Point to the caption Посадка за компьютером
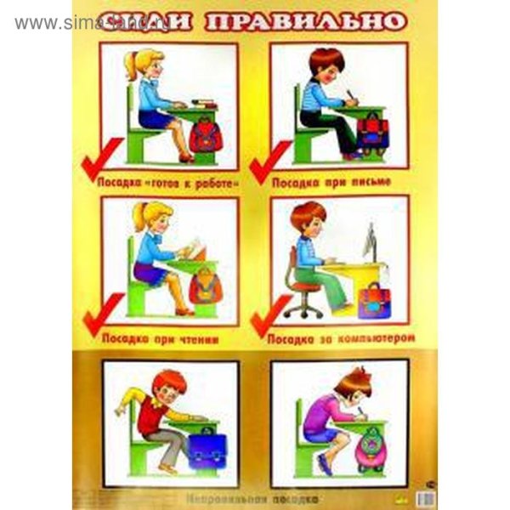click(x=341, y=337)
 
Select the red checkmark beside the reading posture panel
click(x=99, y=318)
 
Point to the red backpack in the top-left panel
click(x=205, y=135)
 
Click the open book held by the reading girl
click(x=194, y=249)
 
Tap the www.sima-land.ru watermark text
click(x=59, y=23)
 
